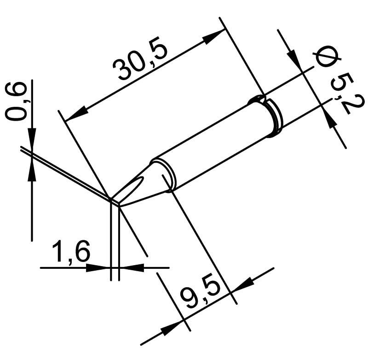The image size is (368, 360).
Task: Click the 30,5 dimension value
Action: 140,59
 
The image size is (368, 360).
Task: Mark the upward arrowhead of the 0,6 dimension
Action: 32,170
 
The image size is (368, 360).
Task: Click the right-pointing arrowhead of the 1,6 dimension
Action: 98,267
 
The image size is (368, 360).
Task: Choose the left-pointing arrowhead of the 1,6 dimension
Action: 132,267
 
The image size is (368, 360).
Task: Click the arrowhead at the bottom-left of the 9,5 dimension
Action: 172,328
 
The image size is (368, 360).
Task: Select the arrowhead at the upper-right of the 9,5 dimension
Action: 242,284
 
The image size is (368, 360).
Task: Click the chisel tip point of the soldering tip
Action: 115,203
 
